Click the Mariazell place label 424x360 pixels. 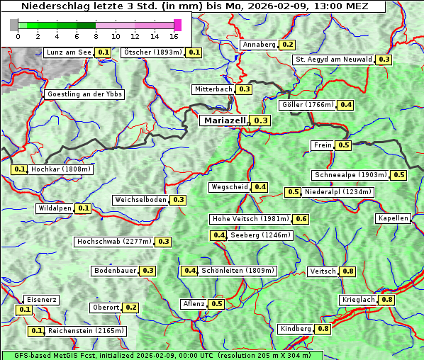tap(224, 121)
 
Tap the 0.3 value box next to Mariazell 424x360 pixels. tap(261, 121)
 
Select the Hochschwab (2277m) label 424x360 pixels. tap(114, 242)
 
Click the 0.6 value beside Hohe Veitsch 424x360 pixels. tap(301, 219)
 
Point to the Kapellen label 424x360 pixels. tap(393, 218)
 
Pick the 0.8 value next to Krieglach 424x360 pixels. tap(386, 300)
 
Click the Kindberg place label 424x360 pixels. tap(295, 329)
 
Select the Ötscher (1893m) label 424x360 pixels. tap(152, 52)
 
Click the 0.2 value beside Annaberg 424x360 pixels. tap(286, 45)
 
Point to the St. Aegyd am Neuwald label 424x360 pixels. tap(334, 60)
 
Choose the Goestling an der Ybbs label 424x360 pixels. tap(84, 94)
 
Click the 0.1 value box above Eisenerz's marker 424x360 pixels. tap(25, 310)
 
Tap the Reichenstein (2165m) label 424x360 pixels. tap(87, 331)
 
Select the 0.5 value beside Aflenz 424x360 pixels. tap(216, 304)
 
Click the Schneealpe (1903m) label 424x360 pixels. tap(350, 175)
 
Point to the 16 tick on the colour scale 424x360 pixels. tap(174, 36)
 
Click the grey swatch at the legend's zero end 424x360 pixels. tap(14, 25)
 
